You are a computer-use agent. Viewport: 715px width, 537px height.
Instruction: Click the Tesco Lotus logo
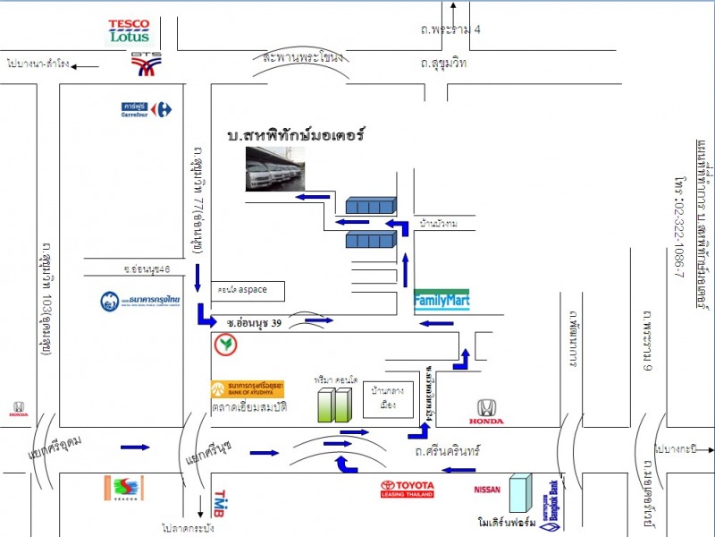(130, 31)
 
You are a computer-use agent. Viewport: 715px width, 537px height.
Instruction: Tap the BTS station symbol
(146, 64)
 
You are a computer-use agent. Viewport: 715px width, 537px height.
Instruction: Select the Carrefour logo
(147, 109)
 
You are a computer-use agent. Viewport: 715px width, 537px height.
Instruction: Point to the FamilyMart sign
(442, 299)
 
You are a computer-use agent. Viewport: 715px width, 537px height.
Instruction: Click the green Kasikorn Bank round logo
(224, 344)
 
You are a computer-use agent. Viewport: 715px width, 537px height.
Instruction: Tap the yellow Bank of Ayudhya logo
(248, 389)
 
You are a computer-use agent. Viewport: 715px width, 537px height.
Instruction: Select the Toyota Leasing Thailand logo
(407, 489)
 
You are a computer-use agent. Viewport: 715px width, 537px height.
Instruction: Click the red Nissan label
(487, 490)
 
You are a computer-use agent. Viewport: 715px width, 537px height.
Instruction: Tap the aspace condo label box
(252, 290)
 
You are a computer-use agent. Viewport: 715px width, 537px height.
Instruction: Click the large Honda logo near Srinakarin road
(486, 412)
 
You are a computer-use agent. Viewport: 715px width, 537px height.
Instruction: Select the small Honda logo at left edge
(18, 408)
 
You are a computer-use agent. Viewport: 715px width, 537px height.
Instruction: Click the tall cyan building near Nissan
(519, 493)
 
